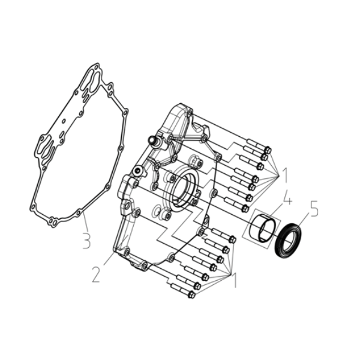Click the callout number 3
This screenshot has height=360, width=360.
point(86,241)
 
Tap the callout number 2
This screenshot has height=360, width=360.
point(97,274)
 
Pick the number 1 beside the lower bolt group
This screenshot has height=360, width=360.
point(235,280)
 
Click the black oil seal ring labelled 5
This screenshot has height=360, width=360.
point(288,239)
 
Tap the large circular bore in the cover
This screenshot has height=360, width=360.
point(184,189)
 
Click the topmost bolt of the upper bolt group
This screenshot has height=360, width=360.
point(259,146)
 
